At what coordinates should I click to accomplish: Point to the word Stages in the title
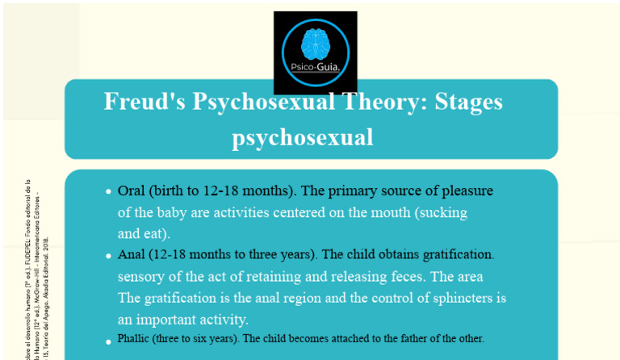click(x=468, y=103)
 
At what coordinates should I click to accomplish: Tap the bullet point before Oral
click(x=108, y=192)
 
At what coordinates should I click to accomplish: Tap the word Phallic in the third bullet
click(x=134, y=338)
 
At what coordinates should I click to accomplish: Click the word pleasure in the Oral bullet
click(x=464, y=191)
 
